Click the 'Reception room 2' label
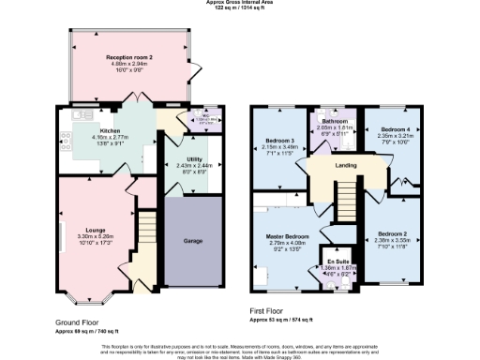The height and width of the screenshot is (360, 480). pos(128,57)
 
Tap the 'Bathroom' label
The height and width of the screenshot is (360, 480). pos(336,121)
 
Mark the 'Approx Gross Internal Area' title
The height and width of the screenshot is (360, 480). pos(240,3)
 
